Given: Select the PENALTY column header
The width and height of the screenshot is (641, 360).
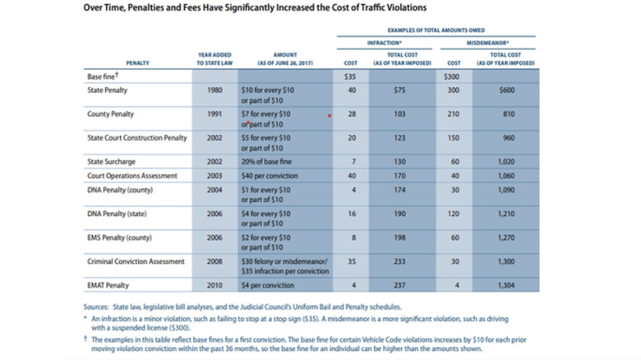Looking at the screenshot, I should tap(137, 62).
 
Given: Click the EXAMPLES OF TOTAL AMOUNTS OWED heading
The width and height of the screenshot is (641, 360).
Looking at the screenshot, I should tap(435, 28).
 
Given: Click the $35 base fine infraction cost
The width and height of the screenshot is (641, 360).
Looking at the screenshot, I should tap(349, 76).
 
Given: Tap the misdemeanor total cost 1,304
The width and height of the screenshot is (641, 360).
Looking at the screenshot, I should tap(505, 287).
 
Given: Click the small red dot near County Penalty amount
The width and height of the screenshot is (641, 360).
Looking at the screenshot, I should tap(330, 116).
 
